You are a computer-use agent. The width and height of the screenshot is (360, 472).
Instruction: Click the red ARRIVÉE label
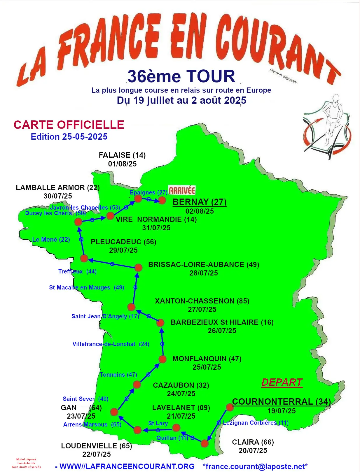click(x=182, y=190)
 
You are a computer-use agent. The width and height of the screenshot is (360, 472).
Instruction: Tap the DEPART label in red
click(x=282, y=382)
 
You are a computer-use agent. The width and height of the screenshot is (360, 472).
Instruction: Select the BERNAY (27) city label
click(x=200, y=202)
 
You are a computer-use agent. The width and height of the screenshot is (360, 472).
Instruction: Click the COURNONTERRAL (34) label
click(x=281, y=401)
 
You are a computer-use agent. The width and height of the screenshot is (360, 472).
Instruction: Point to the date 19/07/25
click(x=282, y=411)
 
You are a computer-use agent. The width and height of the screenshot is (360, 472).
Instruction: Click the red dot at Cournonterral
click(x=230, y=407)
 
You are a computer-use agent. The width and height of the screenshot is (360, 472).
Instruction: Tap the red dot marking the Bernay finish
click(x=162, y=200)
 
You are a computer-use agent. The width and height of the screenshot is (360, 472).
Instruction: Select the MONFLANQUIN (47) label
click(x=207, y=359)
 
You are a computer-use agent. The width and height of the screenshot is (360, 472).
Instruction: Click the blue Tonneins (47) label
click(x=118, y=375)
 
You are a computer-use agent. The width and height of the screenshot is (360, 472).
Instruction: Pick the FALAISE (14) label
click(x=122, y=155)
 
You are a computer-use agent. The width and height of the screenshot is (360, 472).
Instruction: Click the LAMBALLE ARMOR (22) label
click(x=58, y=187)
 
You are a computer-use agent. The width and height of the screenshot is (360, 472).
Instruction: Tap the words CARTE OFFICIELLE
click(x=69, y=125)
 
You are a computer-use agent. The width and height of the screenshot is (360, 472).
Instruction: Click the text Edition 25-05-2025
click(x=69, y=136)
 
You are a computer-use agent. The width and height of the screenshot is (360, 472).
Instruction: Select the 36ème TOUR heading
click(x=181, y=76)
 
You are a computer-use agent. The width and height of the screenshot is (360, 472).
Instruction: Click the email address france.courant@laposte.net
click(x=255, y=466)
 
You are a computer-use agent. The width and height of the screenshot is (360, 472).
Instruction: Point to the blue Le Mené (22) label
click(x=51, y=240)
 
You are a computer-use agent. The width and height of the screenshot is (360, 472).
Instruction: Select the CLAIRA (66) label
click(x=253, y=442)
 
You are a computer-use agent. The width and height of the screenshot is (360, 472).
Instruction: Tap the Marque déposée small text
click(x=283, y=76)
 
